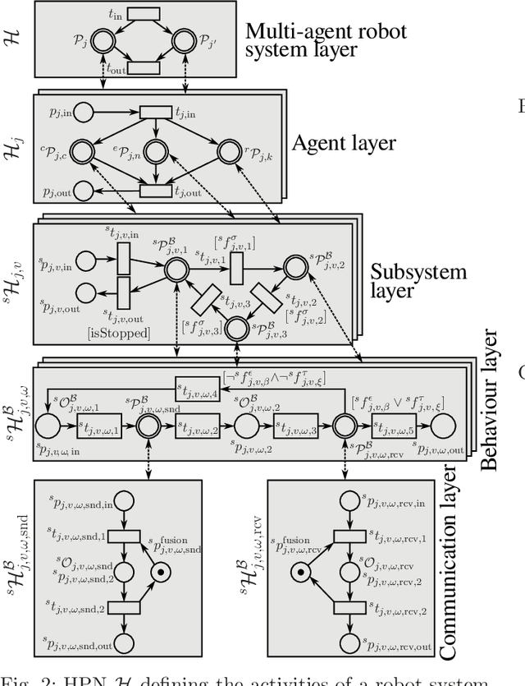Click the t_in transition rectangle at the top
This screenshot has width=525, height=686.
(144, 14)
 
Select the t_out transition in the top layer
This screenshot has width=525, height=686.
(144, 67)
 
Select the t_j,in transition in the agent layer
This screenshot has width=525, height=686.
(155, 112)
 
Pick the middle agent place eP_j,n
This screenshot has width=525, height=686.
(155, 151)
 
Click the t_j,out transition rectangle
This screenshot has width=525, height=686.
(155, 191)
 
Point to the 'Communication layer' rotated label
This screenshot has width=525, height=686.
(449, 563)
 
